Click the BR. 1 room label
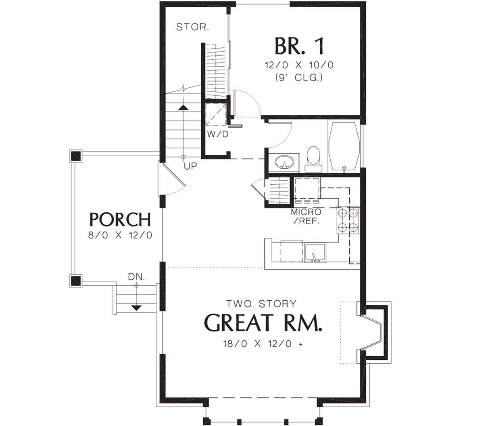click(x=300, y=46)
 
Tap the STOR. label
click(x=192, y=27)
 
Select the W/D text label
click(x=218, y=134)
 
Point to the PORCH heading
click(x=120, y=219)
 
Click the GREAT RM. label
click(x=263, y=323)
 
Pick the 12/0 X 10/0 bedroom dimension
click(x=299, y=65)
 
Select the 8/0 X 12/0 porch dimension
click(x=120, y=235)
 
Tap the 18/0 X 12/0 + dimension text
click(x=263, y=344)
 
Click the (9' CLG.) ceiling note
click(x=299, y=78)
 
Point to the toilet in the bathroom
click(x=314, y=159)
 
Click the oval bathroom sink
click(x=284, y=162)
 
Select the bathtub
click(x=344, y=147)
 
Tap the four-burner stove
click(x=348, y=220)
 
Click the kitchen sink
click(x=315, y=253)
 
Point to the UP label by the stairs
click(x=190, y=166)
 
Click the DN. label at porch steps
click(x=136, y=277)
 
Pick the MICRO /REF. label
click(x=306, y=216)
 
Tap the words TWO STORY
click(x=261, y=304)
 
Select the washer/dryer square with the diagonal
click(x=216, y=114)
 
